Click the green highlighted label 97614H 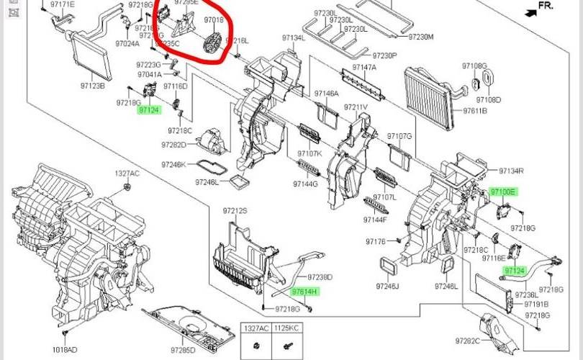coord(304,292)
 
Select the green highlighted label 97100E coord(503,192)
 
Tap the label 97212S coord(235,211)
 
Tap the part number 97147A coord(364,67)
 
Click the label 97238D coord(319,277)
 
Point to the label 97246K coord(173,165)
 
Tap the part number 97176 coord(376,241)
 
